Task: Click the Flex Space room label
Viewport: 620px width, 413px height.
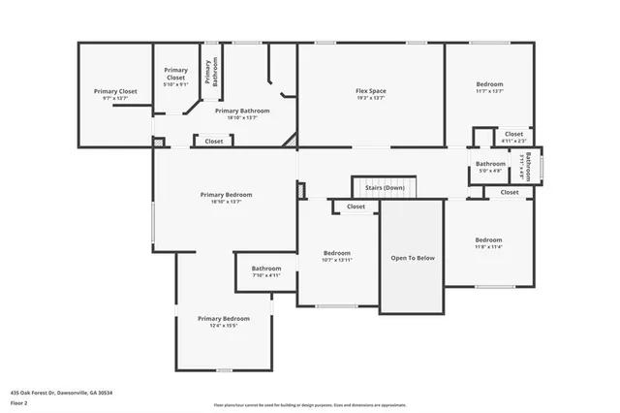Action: (x=370, y=91)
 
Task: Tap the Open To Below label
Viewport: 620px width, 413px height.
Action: (x=412, y=258)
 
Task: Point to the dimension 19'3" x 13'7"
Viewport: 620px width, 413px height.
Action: (x=370, y=99)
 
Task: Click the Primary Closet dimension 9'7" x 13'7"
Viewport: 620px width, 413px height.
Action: (x=114, y=99)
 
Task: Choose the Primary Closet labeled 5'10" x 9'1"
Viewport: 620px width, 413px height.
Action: (x=175, y=77)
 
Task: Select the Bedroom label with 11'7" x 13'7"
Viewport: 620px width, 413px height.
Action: (x=489, y=84)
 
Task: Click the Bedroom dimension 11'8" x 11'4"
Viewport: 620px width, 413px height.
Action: (x=488, y=247)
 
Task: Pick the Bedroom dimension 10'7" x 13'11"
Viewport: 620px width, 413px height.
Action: (x=336, y=261)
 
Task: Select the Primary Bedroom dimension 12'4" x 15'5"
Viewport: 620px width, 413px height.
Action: (x=224, y=326)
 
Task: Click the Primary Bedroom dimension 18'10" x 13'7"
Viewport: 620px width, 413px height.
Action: (x=226, y=202)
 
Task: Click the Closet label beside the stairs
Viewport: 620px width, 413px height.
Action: (x=356, y=206)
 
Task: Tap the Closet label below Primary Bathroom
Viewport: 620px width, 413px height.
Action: (x=213, y=142)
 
